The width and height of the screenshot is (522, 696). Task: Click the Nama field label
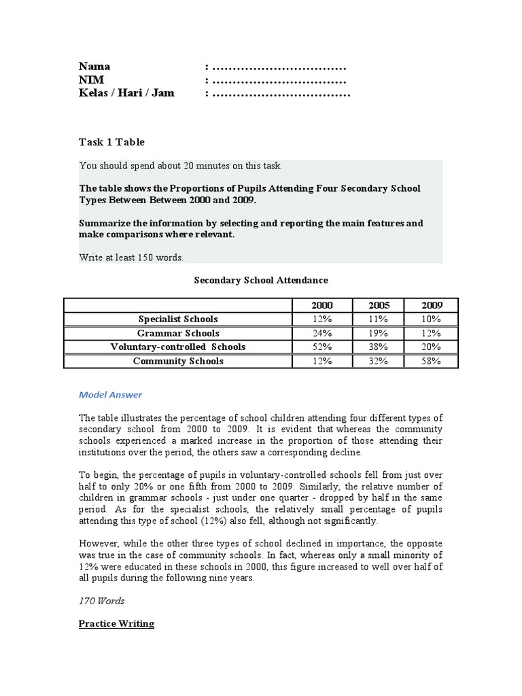94,67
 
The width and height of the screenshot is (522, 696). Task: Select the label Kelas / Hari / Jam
126,93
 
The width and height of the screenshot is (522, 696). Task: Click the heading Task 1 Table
111,142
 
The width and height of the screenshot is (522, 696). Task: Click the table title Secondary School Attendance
261,280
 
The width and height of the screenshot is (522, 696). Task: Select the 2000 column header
322,305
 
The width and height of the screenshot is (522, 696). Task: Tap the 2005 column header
377,305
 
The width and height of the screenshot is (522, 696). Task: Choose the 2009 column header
431,305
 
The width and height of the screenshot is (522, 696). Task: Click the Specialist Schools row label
178,319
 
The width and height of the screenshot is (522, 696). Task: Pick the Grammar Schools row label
178,333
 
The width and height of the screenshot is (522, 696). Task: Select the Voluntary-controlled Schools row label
178,347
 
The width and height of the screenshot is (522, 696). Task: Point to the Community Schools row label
178,362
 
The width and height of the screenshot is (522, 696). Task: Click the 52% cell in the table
322,347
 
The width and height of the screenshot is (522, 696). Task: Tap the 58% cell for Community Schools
431,362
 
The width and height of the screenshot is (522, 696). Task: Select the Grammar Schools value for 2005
377,333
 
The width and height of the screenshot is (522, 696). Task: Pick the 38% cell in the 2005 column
377,347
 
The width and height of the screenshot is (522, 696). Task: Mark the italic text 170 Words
102,601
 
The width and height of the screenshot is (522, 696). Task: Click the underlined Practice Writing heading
116,623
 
